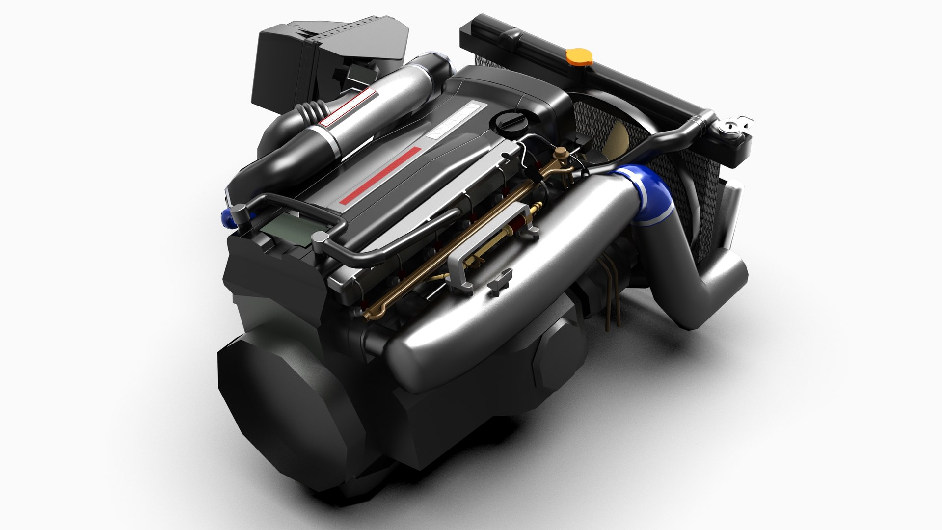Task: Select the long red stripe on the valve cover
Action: (381, 174)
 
